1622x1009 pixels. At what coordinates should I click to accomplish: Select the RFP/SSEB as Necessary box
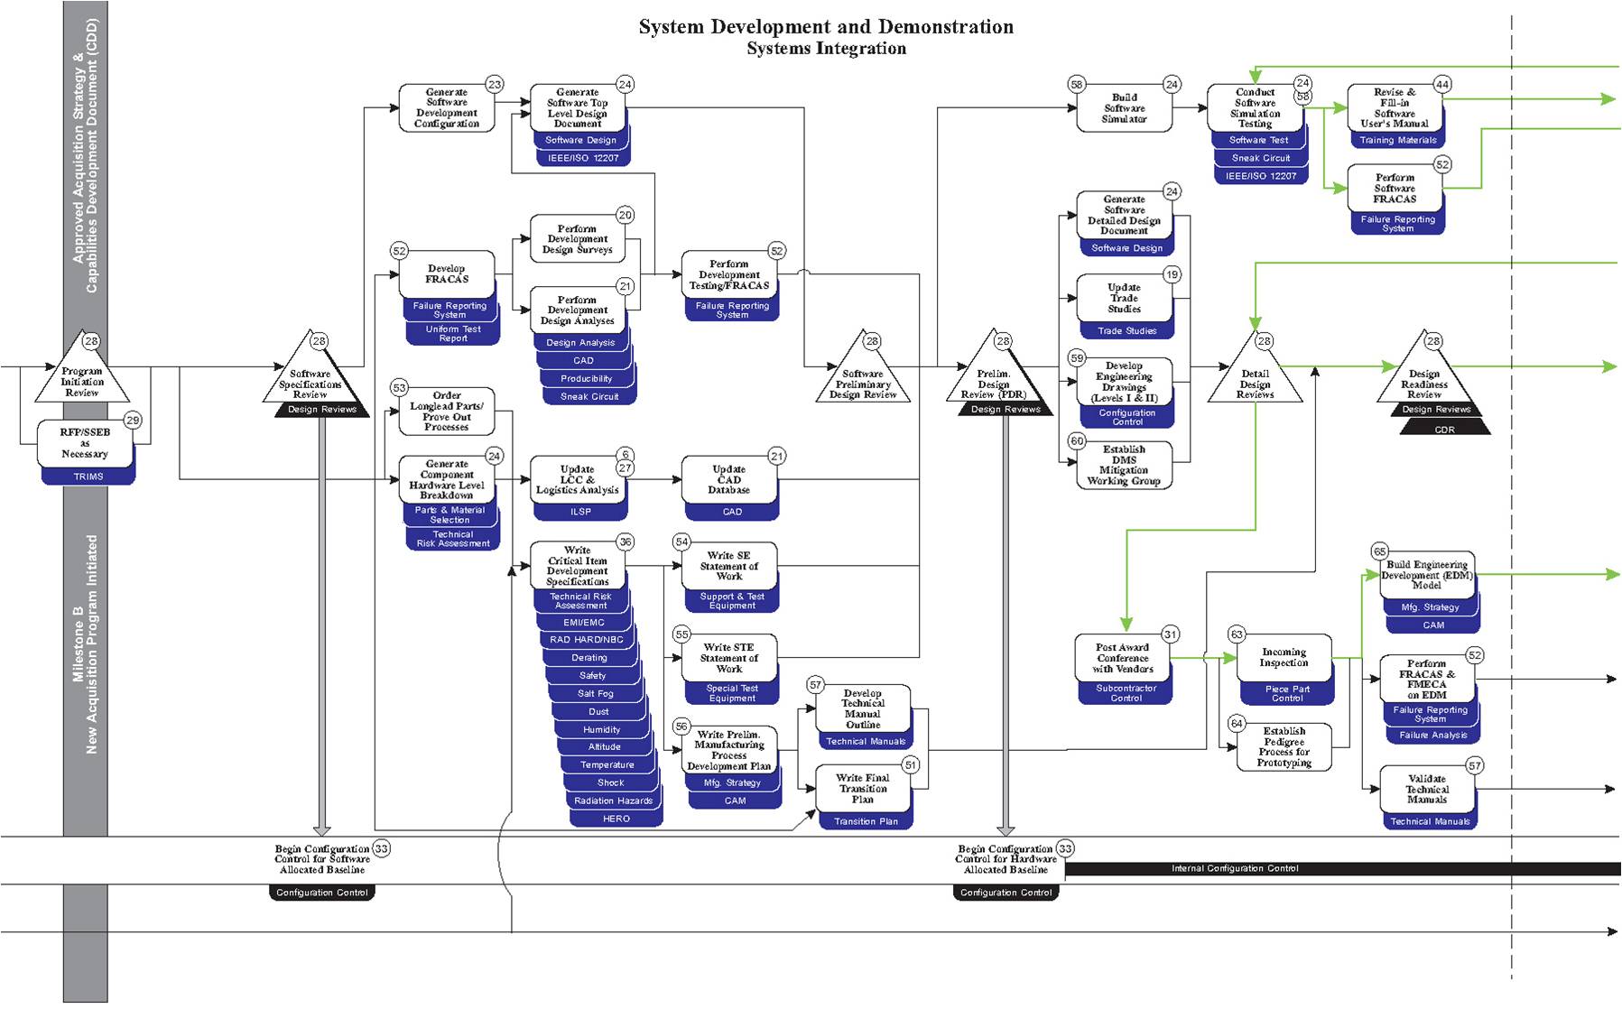coord(85,443)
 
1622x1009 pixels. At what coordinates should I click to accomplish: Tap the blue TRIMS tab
coord(88,477)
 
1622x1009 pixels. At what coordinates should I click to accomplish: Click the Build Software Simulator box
coord(1124,108)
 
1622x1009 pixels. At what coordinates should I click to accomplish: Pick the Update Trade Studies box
coord(1124,298)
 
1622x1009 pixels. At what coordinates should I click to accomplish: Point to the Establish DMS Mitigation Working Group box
coord(1124,465)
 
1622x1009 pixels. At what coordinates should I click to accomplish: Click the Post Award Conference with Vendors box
coord(1122,659)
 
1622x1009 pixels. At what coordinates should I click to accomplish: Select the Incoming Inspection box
coord(1284,658)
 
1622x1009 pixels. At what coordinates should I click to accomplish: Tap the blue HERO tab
coord(616,819)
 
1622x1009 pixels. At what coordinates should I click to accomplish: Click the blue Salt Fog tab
coord(596,694)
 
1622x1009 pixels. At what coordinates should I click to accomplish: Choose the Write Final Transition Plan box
coord(863,789)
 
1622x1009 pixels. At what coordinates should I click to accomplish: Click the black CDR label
coord(1444,430)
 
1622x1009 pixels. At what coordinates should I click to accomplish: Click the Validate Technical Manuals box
coord(1426,789)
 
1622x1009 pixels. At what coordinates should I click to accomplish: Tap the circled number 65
coord(1379,551)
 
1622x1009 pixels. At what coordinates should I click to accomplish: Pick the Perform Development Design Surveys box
coord(577,239)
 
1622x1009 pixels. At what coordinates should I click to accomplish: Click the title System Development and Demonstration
coord(826,27)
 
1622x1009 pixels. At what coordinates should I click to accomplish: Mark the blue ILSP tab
coord(580,512)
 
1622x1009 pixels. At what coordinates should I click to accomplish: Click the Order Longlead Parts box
coord(447,411)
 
